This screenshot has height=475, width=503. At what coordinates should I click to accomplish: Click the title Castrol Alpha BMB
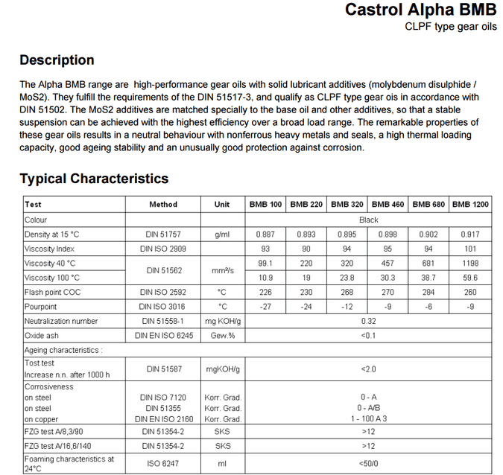421,10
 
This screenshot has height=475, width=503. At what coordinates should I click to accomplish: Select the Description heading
57,60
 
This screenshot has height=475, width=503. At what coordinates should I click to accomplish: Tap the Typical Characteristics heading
94,179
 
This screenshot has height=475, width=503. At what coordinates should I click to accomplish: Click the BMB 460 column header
387,205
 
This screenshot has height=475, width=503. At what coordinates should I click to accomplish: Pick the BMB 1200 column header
470,205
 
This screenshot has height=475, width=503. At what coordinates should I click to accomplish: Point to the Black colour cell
368,220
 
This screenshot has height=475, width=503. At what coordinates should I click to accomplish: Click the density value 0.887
265,235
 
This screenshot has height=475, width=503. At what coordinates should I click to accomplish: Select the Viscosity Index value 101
470,249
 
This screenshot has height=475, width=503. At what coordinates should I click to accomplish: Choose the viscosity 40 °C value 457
387,263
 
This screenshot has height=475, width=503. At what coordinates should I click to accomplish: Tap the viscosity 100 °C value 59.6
470,278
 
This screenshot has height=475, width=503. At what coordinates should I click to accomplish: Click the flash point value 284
428,292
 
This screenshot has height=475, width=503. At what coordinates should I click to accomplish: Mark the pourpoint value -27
265,306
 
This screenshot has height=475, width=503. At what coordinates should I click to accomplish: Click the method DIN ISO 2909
162,249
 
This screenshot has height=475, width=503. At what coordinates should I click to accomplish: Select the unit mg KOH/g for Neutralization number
222,321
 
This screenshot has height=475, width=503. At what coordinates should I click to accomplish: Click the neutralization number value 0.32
368,321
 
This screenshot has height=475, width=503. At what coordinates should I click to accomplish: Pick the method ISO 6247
162,463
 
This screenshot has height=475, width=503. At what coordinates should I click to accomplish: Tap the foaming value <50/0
368,463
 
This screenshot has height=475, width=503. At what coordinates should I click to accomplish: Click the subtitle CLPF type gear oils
450,27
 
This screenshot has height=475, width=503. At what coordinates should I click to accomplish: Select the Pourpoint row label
40,306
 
